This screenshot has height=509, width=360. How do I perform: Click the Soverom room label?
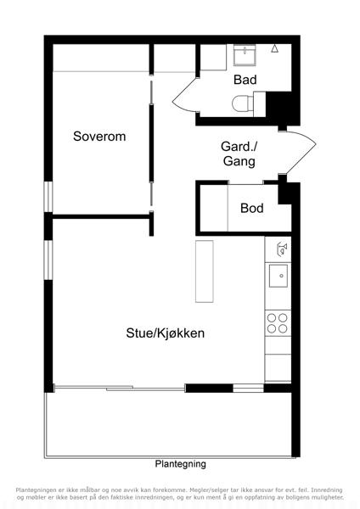[99, 137]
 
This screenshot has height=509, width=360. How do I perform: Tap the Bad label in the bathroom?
[245, 80]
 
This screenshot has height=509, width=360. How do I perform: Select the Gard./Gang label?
[239, 154]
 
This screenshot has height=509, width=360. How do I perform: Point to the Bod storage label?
[252, 208]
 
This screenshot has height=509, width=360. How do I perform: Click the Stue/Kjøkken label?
[166, 333]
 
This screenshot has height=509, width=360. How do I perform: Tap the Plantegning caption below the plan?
[180, 464]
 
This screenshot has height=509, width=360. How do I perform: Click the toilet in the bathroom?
[243, 103]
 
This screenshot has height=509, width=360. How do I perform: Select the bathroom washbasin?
[245, 55]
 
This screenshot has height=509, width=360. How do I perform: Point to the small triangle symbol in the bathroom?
[275, 48]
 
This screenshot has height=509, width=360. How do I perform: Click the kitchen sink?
[278, 276]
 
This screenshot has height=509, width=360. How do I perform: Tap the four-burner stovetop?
[278, 323]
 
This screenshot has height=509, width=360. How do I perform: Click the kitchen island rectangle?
[205, 271]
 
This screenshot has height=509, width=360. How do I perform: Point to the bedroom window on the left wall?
[48, 197]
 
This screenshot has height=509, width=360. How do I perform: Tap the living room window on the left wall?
[48, 260]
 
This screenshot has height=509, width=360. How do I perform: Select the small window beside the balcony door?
[248, 388]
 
